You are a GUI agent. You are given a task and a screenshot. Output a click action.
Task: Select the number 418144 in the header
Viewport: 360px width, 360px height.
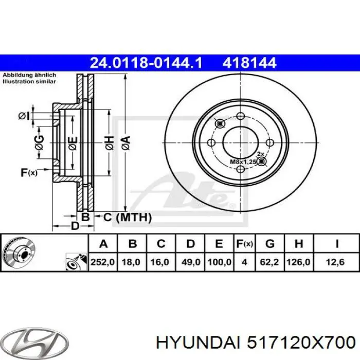coord(249,63)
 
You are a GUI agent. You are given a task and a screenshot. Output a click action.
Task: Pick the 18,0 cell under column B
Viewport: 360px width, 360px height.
coord(132,262)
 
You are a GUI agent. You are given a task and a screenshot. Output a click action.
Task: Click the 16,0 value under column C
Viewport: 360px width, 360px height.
coord(160,262)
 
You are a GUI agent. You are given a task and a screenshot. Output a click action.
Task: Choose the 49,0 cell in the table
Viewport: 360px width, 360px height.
coord(190,262)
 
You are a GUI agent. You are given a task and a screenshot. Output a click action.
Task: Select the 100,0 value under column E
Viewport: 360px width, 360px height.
coord(219,262)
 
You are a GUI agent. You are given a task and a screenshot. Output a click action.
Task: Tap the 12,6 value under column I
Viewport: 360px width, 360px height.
coord(337,262)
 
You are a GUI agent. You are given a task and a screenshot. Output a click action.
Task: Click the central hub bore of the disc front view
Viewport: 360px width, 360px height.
coord(240,142)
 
